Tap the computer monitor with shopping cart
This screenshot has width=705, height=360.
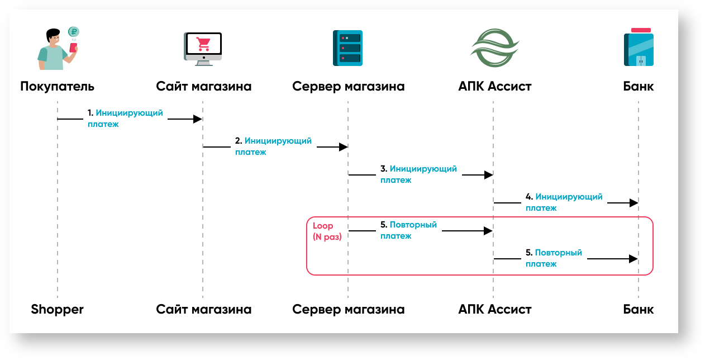point(203,48)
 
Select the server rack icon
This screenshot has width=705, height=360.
point(347,49)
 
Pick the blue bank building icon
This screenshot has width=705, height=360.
point(639,48)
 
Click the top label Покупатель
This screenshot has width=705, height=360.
point(57,86)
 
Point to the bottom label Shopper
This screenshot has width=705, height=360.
point(57,309)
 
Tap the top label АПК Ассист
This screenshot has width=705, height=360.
point(494,86)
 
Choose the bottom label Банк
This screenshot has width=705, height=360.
point(639,309)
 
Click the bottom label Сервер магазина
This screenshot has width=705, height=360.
point(348,309)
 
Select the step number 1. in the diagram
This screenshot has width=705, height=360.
point(90,113)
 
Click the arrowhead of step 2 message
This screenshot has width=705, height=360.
point(343,147)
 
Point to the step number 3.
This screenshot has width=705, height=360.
point(384,169)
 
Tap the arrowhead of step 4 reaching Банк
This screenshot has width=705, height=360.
point(634,203)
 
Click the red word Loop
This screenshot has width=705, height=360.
point(323,226)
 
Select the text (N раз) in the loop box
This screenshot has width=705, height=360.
point(327,236)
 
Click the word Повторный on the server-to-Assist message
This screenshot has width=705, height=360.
point(413,225)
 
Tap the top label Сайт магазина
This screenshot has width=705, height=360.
point(203,86)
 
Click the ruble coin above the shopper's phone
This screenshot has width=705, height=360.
point(73,32)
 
